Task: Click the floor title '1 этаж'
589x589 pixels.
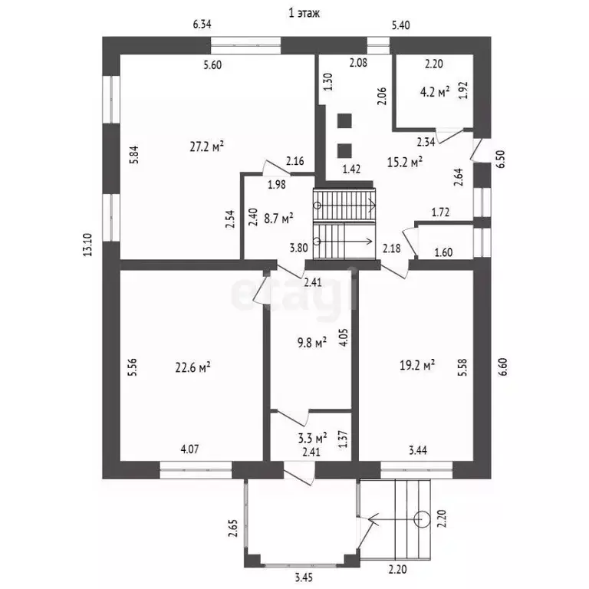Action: click(304, 13)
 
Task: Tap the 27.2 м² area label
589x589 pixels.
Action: click(207, 146)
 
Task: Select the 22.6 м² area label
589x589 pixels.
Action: click(192, 367)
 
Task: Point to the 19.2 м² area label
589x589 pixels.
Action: click(417, 365)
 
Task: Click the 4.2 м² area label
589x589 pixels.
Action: click(435, 92)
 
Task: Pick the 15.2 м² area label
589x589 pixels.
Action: click(405, 162)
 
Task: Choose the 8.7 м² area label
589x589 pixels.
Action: click(278, 219)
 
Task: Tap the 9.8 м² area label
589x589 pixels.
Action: click(312, 342)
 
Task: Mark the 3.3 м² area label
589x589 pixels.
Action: click(312, 437)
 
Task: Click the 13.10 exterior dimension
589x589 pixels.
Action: click(87, 245)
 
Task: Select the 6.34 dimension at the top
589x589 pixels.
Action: click(202, 25)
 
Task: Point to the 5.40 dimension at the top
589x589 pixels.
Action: click(401, 25)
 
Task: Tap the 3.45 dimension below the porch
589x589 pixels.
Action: click(303, 577)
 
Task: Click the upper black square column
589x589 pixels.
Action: click(344, 121)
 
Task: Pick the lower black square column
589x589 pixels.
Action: click(344, 150)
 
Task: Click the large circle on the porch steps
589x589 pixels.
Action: click(422, 519)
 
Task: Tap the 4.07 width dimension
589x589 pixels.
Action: click(189, 449)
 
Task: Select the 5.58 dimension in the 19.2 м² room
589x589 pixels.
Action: click(462, 368)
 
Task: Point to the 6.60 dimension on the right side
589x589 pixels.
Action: click(503, 367)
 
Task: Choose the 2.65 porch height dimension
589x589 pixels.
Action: click(233, 528)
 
